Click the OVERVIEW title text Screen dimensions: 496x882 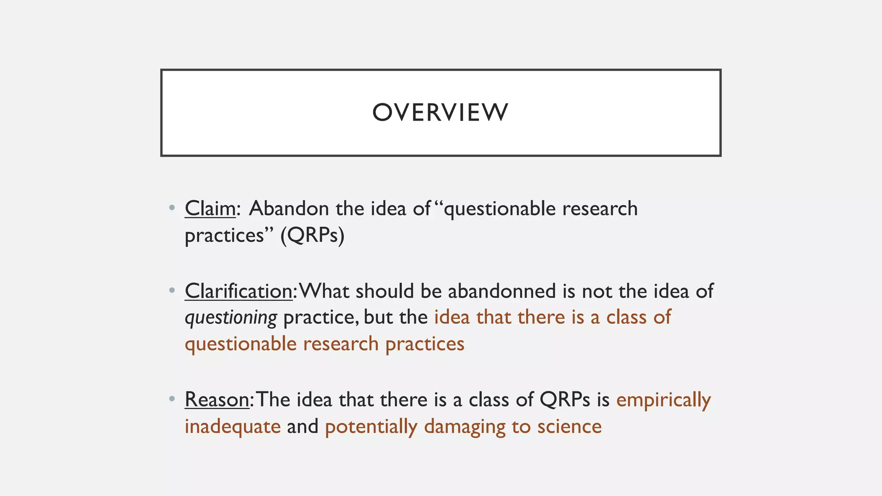click(440, 113)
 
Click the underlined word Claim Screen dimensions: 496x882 click(210, 209)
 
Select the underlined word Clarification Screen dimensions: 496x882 click(239, 291)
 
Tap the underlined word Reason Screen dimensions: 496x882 click(217, 400)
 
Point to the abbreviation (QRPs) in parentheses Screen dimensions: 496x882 click(312, 236)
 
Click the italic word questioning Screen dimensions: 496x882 click(231, 318)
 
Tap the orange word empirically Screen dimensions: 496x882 click(663, 400)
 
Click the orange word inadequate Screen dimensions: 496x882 click(233, 427)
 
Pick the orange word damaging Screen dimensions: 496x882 click(464, 427)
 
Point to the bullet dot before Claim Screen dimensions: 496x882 click(172, 208)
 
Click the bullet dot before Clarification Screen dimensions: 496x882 click(172, 291)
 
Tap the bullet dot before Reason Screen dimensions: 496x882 click(172, 399)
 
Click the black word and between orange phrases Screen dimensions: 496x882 click(302, 427)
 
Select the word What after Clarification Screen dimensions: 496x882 click(324, 291)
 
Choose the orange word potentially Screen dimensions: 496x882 click(371, 427)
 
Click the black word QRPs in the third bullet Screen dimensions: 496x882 click(565, 400)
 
